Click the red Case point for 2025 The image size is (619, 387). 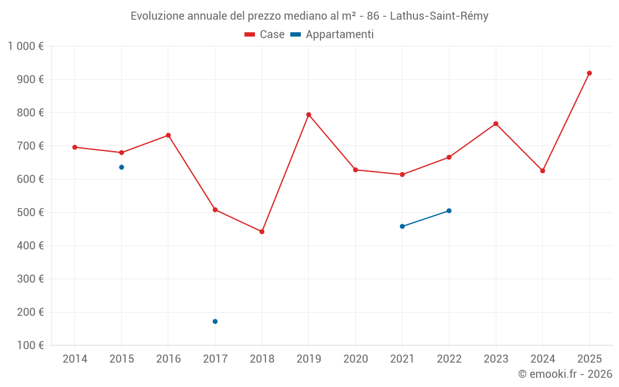click(x=589, y=73)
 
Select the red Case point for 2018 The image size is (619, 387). click(x=262, y=232)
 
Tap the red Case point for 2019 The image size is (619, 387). click(x=308, y=115)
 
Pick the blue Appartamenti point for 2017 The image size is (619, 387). click(x=215, y=321)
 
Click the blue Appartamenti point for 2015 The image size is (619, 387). click(x=121, y=167)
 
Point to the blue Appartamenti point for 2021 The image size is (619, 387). click(x=402, y=227)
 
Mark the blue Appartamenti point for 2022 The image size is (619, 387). click(x=449, y=211)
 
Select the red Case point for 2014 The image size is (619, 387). click(x=75, y=147)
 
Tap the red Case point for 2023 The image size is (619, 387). click(x=496, y=124)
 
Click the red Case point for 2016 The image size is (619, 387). click(x=168, y=135)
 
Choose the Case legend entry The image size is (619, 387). click(x=265, y=35)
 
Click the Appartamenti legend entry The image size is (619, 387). click(x=332, y=35)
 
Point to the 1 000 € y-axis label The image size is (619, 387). click(x=25, y=46)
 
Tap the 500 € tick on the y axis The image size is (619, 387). click(x=32, y=212)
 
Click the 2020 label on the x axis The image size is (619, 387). click(x=355, y=359)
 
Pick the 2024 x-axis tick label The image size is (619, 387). click(x=542, y=359)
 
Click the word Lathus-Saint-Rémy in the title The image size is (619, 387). click(x=439, y=16)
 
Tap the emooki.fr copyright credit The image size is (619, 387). click(x=565, y=374)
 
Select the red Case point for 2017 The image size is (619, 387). click(x=215, y=210)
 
